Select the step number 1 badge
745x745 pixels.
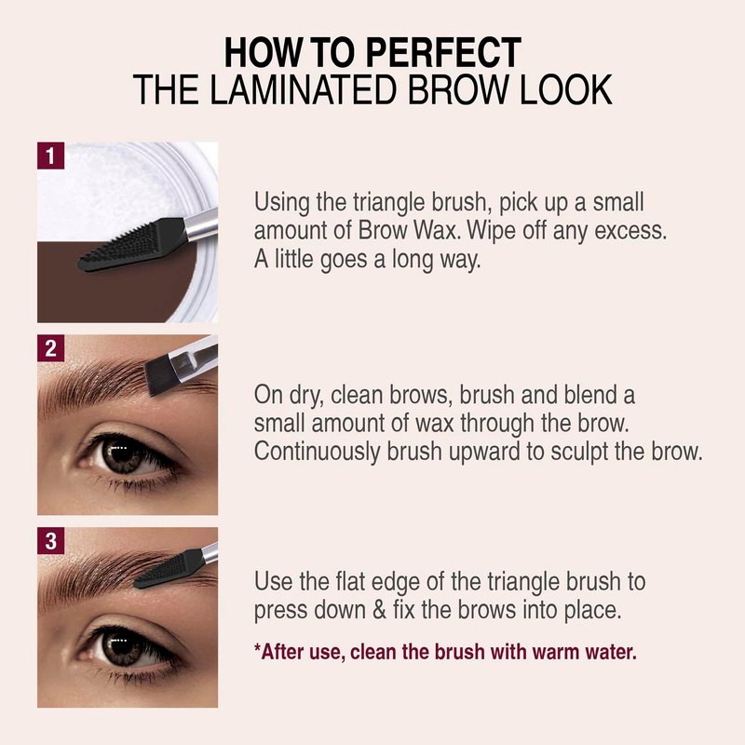(x=51, y=156)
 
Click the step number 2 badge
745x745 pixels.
(x=51, y=348)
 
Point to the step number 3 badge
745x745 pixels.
(x=51, y=541)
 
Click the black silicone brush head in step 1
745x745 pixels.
(x=130, y=245)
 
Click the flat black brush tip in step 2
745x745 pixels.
(x=159, y=375)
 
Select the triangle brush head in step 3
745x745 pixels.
(x=169, y=568)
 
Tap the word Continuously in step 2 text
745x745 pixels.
(x=317, y=453)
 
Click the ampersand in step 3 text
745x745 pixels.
(x=379, y=611)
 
